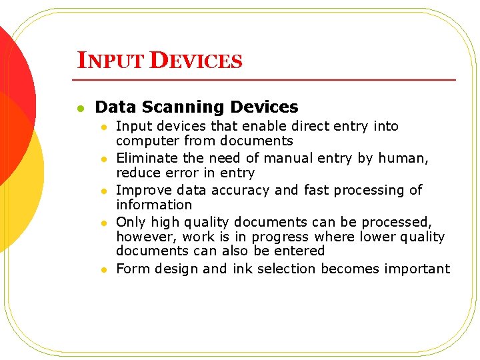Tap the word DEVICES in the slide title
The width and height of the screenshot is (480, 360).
click(x=196, y=61)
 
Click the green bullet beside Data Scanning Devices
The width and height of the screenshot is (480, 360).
click(x=79, y=107)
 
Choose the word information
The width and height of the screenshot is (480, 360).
click(x=154, y=205)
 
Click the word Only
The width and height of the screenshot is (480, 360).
click(x=129, y=221)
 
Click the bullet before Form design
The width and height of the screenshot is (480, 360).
click(x=104, y=269)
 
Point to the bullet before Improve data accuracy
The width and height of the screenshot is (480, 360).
click(x=104, y=191)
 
